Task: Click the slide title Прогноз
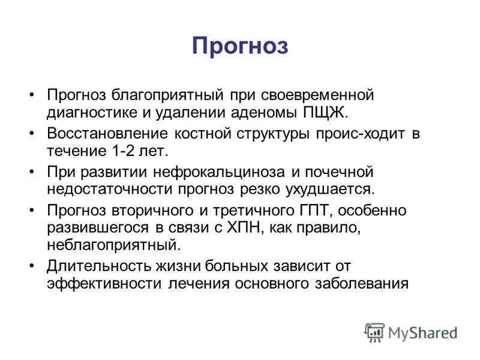(240, 46)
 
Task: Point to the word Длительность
(90, 266)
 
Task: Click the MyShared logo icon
(374, 332)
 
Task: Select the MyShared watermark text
(422, 332)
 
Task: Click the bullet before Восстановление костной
(32, 134)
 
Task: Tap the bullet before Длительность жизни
(32, 266)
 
